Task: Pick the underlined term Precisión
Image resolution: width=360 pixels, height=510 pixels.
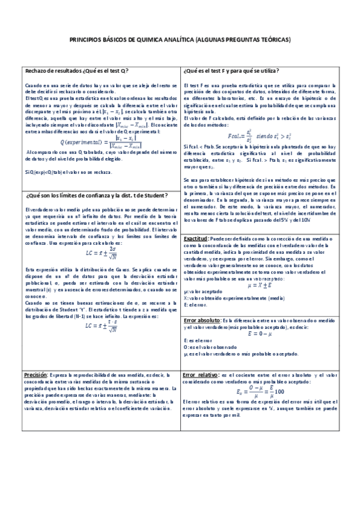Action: click(36, 373)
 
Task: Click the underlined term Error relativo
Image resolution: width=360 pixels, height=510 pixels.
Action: click(201, 373)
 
